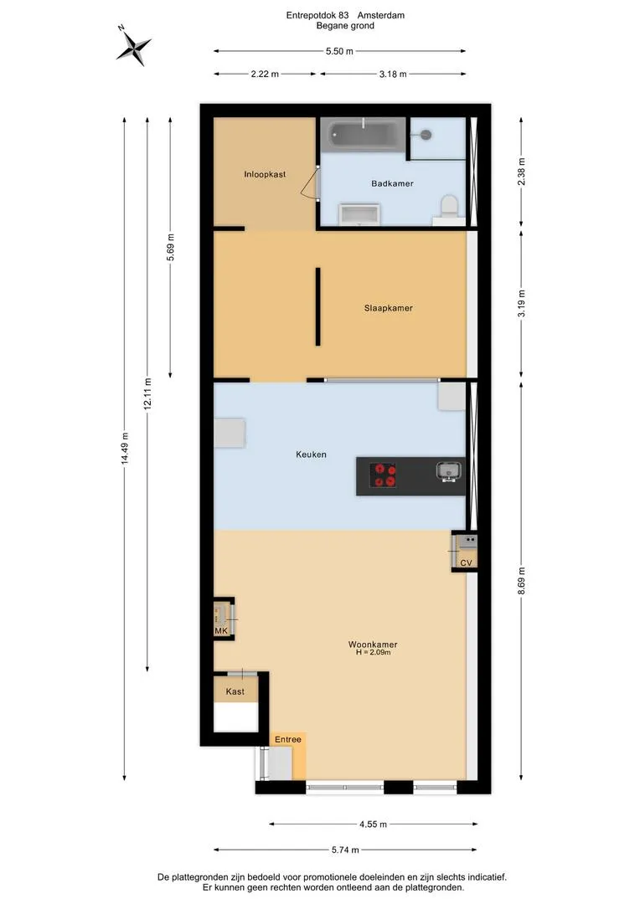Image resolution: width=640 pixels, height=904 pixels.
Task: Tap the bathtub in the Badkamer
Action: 363,135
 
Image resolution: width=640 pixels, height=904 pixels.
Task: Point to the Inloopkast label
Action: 265,174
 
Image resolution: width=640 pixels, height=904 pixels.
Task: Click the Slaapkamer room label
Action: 389,308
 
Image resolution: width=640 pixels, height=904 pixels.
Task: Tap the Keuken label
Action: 311,455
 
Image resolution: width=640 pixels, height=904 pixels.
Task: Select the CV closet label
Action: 467,562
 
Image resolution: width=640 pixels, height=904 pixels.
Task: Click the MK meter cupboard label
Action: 221,631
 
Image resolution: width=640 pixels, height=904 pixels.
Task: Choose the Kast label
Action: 235,691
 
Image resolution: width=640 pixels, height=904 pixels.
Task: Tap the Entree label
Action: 288,739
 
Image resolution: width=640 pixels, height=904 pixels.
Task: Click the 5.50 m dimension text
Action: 339,51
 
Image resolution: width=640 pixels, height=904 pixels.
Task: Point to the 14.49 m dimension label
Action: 125,449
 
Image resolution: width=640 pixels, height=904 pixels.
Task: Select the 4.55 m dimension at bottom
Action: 373,824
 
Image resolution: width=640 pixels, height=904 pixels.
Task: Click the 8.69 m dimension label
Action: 521,581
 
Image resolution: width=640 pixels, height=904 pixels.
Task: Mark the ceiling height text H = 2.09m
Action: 374,653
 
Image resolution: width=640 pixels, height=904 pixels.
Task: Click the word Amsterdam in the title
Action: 381,16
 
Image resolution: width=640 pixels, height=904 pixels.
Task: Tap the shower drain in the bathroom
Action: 426,135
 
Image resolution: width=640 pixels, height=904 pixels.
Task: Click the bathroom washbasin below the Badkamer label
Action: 359,213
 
